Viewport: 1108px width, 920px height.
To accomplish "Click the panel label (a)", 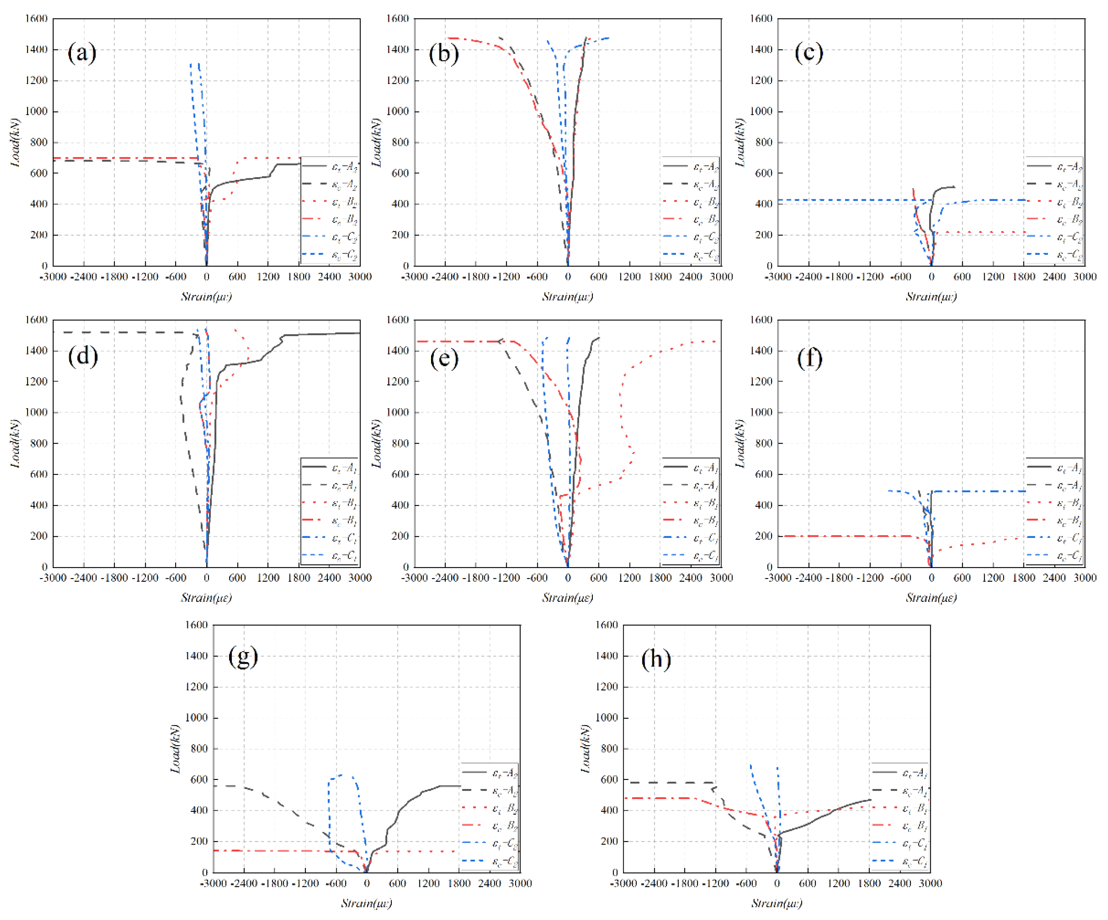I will [82, 53].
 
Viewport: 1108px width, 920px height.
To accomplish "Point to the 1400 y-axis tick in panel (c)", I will [761, 50].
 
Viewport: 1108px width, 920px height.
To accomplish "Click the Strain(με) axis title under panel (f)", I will [931, 598].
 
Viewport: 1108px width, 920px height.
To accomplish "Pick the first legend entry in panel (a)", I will [330, 167].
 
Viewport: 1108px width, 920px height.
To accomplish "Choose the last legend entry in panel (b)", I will [691, 255].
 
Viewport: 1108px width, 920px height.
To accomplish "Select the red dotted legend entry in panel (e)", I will [691, 503].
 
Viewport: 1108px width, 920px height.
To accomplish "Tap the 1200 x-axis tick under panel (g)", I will [428, 883].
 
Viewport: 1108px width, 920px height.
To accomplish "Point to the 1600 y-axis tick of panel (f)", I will [761, 320].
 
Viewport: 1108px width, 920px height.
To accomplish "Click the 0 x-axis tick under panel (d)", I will [206, 578].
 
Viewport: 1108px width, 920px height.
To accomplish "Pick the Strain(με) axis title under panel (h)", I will [777, 903].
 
